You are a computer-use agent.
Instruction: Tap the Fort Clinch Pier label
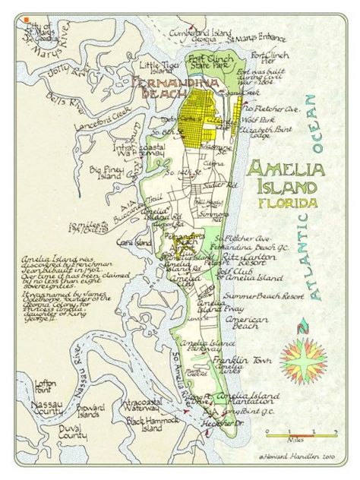coord(270,58)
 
